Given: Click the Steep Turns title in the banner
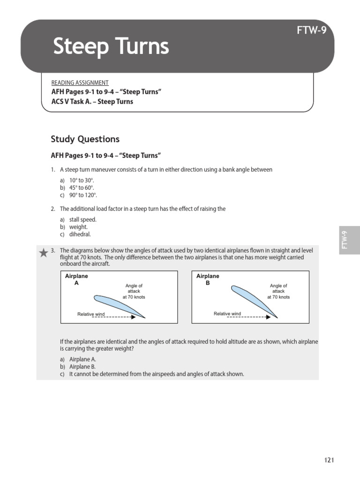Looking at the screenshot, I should [x=111, y=46].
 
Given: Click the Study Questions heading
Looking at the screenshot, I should [x=85, y=139].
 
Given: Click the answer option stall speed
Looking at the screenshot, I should [x=82, y=219].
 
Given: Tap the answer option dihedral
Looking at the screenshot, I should [x=80, y=234].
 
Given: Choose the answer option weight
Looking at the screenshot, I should [x=78, y=227].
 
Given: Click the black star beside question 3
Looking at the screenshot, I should [x=43, y=253].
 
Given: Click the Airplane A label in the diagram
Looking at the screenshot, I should [x=76, y=280].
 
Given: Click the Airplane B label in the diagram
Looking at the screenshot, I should [x=208, y=280].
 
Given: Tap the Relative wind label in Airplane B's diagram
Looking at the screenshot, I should [x=227, y=314].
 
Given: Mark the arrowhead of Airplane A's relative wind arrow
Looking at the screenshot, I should [x=134, y=317].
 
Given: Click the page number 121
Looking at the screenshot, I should [x=329, y=460].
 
